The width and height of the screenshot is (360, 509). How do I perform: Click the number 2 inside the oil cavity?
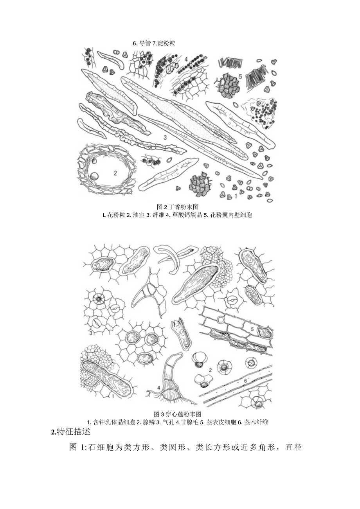click(x=115, y=173)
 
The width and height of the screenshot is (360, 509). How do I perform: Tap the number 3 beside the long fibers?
click(x=165, y=137)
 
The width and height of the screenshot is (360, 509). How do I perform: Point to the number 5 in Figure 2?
click(x=240, y=76)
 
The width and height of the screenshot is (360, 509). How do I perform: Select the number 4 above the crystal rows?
click(x=186, y=60)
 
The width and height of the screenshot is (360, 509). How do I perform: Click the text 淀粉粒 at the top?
click(x=167, y=43)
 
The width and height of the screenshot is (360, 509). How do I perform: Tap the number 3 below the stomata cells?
click(x=91, y=333)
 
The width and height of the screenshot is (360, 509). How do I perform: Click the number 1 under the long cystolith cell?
click(x=113, y=396)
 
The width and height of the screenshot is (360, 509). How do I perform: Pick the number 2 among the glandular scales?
click(x=210, y=370)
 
